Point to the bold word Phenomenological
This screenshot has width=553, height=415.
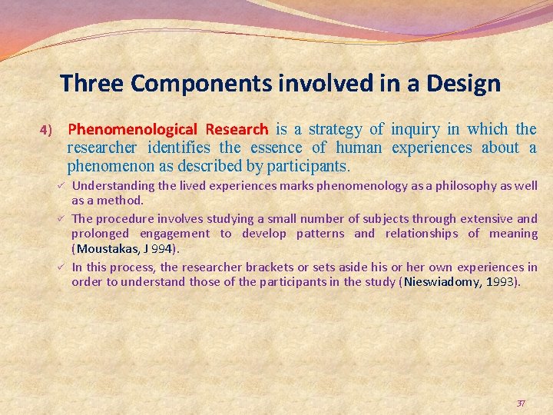(132, 129)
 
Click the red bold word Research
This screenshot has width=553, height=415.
(237, 129)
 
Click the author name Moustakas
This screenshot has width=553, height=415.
(106, 249)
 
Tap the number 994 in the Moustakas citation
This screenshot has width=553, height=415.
(161, 249)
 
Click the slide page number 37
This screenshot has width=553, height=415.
(521, 403)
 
